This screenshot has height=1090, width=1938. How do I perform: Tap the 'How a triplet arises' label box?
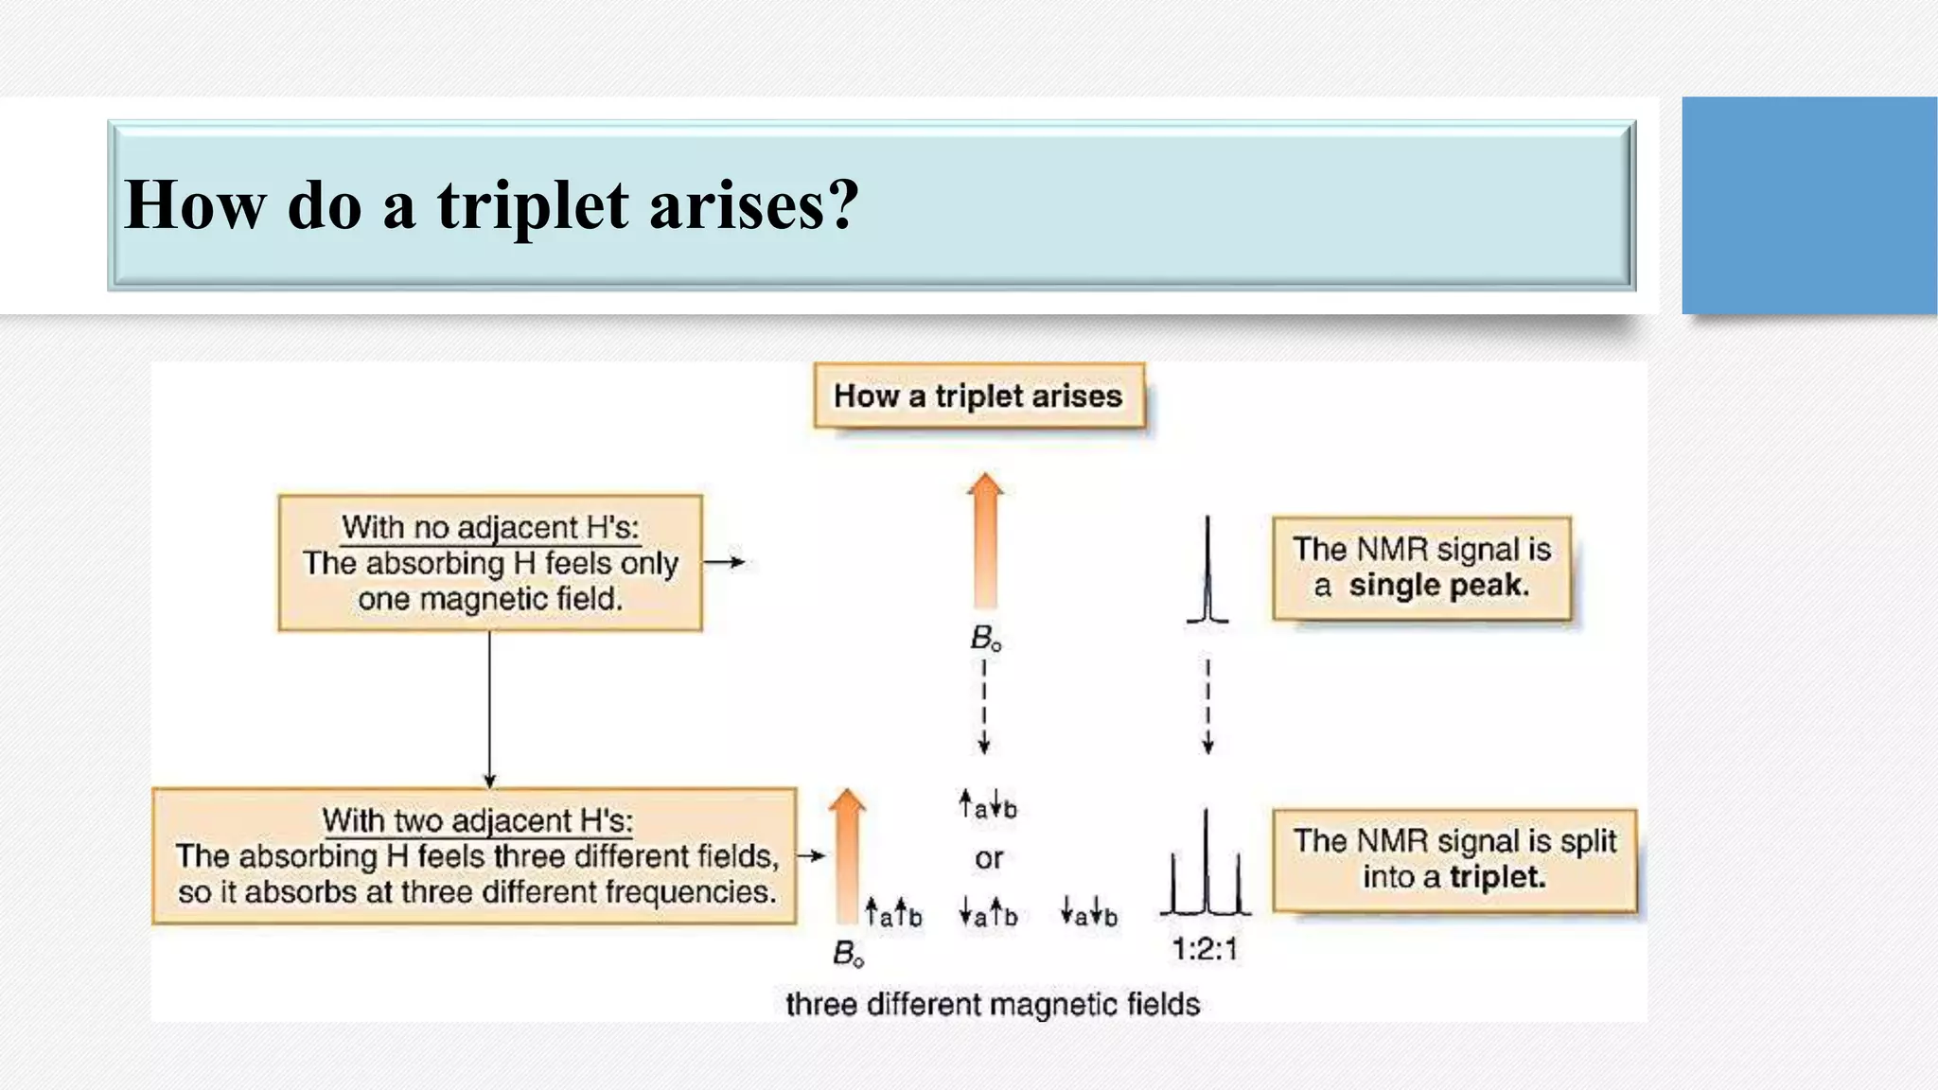tap(978, 396)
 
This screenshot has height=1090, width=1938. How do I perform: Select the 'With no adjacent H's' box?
tap(490, 563)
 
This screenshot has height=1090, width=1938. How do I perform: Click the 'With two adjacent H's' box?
tap(474, 856)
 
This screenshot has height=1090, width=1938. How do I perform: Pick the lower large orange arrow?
tap(847, 856)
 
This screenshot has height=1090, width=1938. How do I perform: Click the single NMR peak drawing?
tap(1207, 572)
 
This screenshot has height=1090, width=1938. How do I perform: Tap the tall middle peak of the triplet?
tap(1207, 861)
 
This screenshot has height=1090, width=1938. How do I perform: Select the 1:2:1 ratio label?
tap(1205, 948)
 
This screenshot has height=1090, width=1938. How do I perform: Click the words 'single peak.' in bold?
tap(1438, 586)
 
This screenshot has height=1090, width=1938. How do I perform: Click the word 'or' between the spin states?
tap(989, 859)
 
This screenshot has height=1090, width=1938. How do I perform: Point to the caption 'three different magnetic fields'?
tap(993, 1004)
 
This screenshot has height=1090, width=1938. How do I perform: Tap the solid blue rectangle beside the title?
tap(1808, 205)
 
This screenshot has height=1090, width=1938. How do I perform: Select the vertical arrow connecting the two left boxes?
tap(489, 709)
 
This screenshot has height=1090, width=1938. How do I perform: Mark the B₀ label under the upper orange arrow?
tap(985, 639)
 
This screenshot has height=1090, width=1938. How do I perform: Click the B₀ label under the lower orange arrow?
tap(848, 954)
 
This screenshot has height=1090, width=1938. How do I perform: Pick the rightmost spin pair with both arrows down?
tap(1089, 913)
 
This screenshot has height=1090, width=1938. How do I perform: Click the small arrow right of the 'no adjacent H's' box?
tap(725, 562)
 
